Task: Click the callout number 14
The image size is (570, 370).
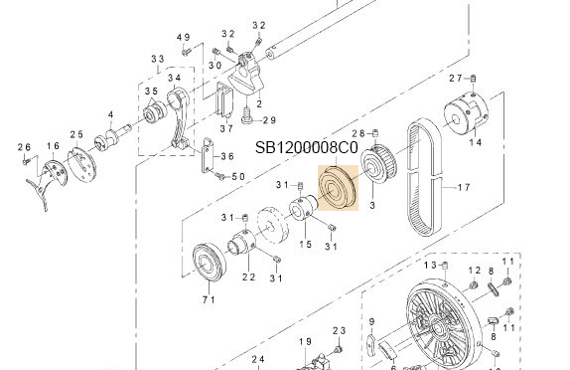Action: point(475,143)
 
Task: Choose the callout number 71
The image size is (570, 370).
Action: point(209,298)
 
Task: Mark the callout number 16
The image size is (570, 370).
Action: point(54,146)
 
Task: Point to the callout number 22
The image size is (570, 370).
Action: point(248,277)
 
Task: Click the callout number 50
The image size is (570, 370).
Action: point(237,176)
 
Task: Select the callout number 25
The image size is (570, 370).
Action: point(76,134)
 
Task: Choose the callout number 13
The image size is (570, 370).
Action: point(431,265)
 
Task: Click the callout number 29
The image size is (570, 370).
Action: point(267,119)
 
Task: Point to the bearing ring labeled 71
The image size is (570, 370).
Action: point(209,260)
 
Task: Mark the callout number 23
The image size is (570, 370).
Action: point(338,331)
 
